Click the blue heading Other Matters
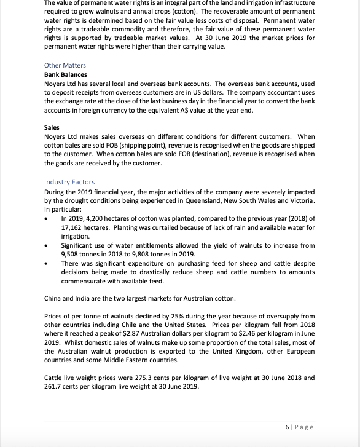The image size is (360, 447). [x=65, y=65]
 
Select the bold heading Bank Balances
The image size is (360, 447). [x=66, y=74]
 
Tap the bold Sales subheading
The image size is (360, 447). [x=52, y=127]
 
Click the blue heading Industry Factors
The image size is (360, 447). [x=69, y=182]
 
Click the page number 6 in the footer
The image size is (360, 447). [x=288, y=427]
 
